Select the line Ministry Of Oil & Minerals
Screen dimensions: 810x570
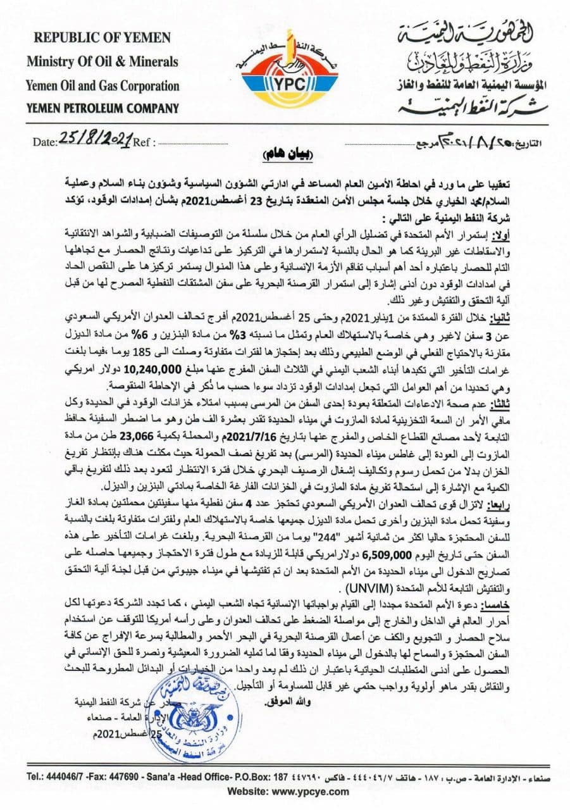tap(102, 62)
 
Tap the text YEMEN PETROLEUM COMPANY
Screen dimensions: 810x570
tap(102, 108)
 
